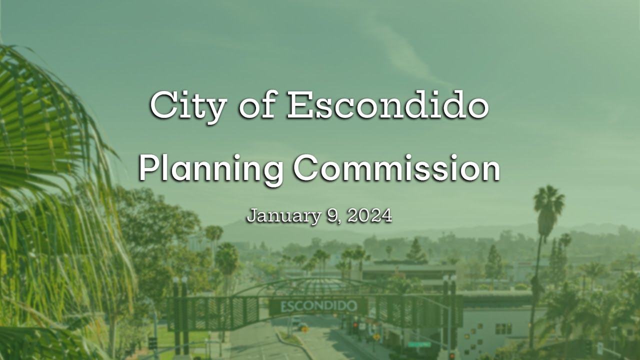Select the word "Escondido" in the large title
[387, 105]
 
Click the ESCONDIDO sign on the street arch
[318, 306]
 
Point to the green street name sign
[419, 344]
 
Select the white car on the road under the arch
[303, 327]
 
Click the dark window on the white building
[503, 328]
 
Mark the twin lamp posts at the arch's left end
[180, 310]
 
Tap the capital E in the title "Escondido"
[299, 105]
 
